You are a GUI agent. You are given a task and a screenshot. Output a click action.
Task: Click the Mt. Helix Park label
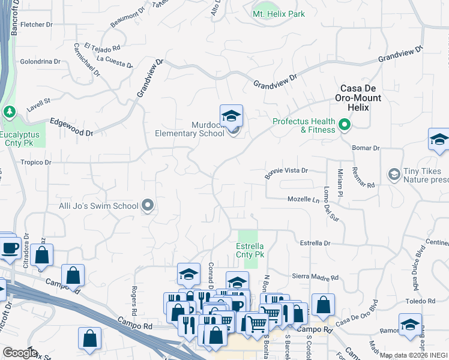[x=279, y=14]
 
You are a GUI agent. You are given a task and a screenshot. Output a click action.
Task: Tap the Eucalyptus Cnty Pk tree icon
[x=10, y=112]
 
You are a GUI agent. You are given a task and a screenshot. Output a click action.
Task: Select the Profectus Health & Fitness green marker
[x=345, y=125]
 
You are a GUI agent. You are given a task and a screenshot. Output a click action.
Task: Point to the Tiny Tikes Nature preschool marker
[x=394, y=175]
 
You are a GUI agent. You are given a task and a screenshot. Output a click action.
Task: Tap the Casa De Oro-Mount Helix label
[x=354, y=97]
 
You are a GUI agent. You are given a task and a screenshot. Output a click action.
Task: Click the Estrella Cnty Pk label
[x=249, y=250]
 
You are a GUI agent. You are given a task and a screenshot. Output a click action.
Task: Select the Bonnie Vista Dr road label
[x=286, y=171]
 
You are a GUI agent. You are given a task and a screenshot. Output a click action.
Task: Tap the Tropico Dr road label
[x=36, y=163]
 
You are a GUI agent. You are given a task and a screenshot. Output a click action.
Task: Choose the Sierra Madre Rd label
[x=315, y=278]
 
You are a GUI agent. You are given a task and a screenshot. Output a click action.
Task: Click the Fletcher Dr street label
[x=37, y=25]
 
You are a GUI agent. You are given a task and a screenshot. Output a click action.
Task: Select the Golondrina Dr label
[x=40, y=61]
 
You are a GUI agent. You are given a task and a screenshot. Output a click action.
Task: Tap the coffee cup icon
[x=10, y=248]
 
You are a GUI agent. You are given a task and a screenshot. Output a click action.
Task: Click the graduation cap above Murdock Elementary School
[x=231, y=115]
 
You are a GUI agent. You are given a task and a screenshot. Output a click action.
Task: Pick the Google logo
[x=19, y=353]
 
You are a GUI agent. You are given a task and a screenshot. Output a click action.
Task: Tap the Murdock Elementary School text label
[x=190, y=129]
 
